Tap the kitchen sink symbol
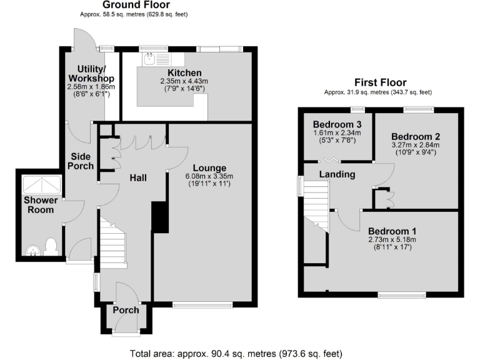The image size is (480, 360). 150,60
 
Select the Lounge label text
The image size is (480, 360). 209,167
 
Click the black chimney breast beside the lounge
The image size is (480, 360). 160,217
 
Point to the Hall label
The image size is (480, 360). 138,178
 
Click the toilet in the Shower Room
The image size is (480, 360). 51,245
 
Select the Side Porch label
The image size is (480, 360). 81,160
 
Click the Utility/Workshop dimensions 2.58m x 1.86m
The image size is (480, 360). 91,86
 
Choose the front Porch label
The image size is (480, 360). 126,310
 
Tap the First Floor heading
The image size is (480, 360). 380,82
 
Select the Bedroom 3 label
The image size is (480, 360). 337,123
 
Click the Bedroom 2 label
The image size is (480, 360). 416,137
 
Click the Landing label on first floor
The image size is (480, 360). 337,174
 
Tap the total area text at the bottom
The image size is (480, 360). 236,353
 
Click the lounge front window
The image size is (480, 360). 202,305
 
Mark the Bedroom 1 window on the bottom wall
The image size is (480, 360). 401,294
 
